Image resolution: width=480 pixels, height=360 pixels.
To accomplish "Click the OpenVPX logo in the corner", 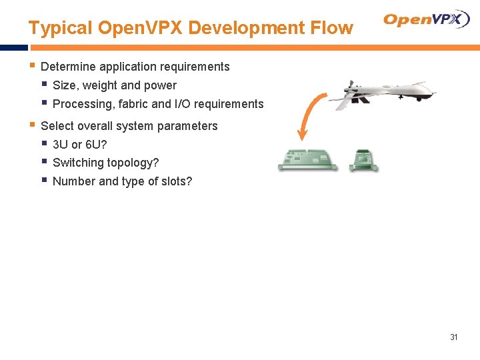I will pyautogui.click(x=427, y=19).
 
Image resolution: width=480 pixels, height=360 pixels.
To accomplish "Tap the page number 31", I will pyautogui.click(x=454, y=337).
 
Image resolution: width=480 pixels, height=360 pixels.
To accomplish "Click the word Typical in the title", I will pyautogui.click(x=60, y=28).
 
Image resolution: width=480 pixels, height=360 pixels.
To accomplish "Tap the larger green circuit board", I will pyautogui.click(x=307, y=159).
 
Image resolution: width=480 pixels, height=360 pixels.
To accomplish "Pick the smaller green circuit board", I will pyautogui.click(x=364, y=159).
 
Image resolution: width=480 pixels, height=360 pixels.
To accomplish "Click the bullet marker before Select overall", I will pyautogui.click(x=32, y=125).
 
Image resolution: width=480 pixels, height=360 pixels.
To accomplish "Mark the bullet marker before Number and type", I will pyautogui.click(x=43, y=180).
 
